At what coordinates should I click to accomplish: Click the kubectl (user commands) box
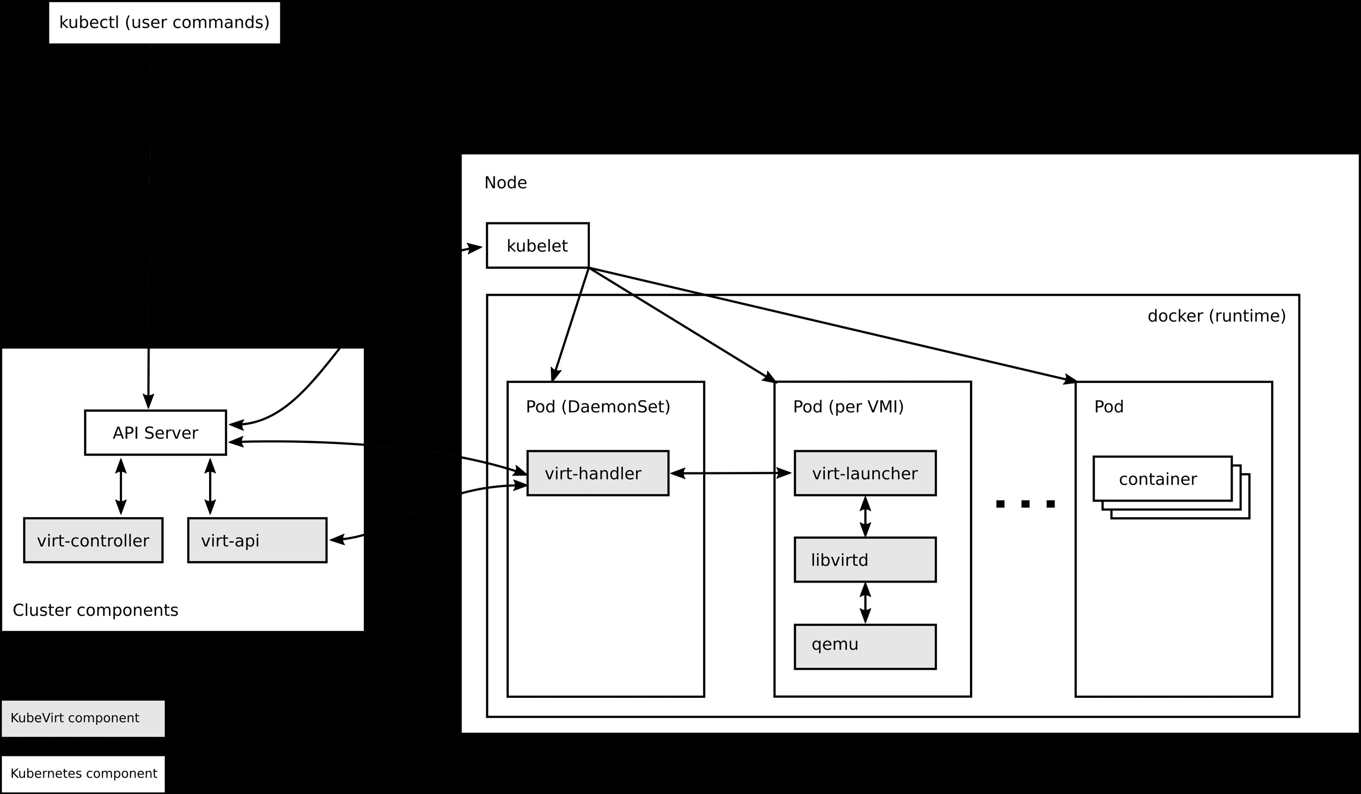pyautogui.click(x=164, y=23)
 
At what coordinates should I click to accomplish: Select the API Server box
pyautogui.click(x=155, y=433)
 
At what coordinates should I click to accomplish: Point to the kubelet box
pyautogui.click(x=538, y=246)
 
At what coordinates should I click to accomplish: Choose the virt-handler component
pyautogui.click(x=597, y=473)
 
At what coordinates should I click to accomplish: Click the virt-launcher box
pyautogui.click(x=865, y=473)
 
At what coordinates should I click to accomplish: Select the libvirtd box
pyautogui.click(x=865, y=559)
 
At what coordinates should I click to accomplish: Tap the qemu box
pyautogui.click(x=865, y=647)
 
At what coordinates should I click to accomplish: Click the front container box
pyautogui.click(x=1162, y=479)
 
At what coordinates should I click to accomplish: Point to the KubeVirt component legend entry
pyautogui.click(x=83, y=718)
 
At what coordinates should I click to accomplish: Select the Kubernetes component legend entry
pyautogui.click(x=83, y=774)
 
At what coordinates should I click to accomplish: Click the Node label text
pyautogui.click(x=505, y=182)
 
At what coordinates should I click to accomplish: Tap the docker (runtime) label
pyautogui.click(x=1216, y=316)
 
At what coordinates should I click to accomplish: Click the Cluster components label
pyautogui.click(x=96, y=610)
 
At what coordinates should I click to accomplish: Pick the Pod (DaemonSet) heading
pyautogui.click(x=598, y=407)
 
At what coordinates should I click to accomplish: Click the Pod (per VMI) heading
pyautogui.click(x=848, y=407)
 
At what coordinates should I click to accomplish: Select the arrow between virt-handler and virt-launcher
pyautogui.click(x=731, y=473)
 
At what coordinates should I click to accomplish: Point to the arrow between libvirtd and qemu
pyautogui.click(x=865, y=603)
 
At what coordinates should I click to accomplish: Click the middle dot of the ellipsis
pyautogui.click(x=1026, y=504)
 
